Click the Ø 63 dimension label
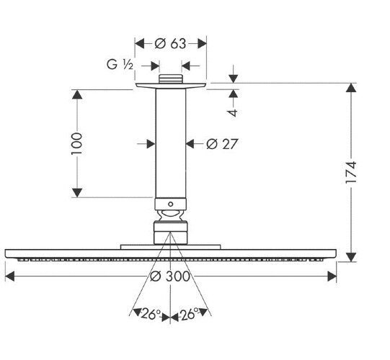click(172, 43)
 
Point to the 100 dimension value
click(78, 143)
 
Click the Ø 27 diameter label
click(222, 143)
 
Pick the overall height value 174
click(352, 173)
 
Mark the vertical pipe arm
click(171, 144)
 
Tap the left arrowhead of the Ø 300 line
click(9, 274)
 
